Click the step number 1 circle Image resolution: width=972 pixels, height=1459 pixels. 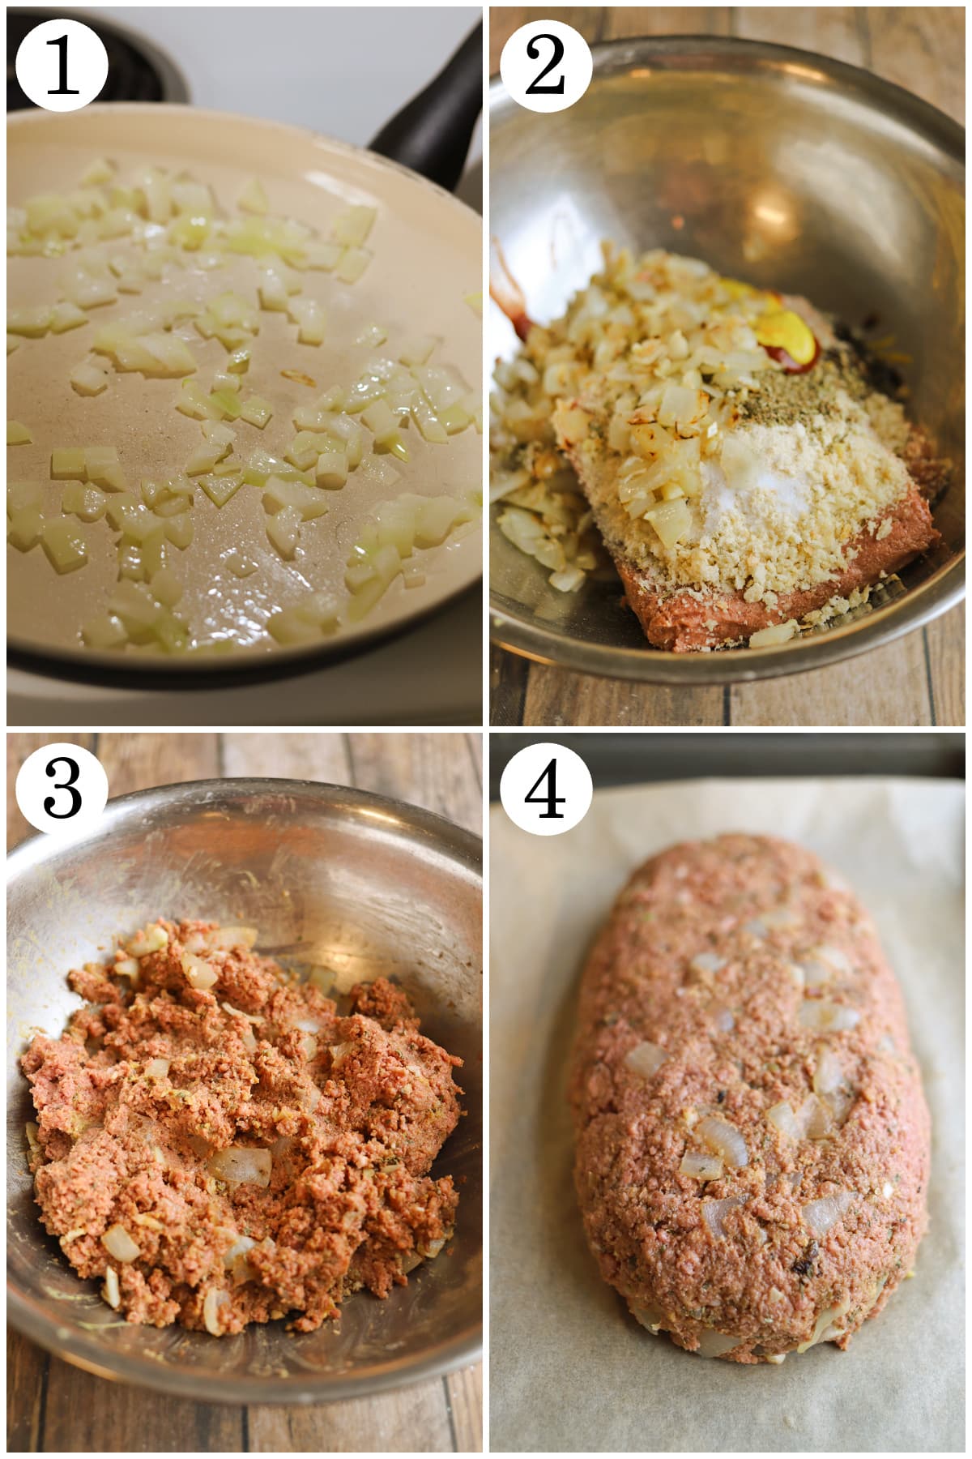[62, 66]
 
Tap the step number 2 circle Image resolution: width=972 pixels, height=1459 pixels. [545, 66]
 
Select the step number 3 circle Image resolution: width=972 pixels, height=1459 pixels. [62, 789]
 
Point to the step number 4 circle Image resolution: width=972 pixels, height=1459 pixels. [545, 789]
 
